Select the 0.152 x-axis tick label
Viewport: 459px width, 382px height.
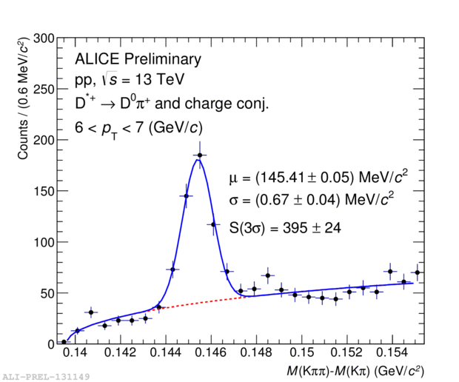coord(346,352)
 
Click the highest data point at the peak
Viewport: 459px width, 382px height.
coord(199,155)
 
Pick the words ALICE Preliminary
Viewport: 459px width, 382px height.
coord(138,59)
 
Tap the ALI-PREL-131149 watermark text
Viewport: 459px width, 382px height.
coord(45,376)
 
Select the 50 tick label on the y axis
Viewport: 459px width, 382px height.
coord(46,293)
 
